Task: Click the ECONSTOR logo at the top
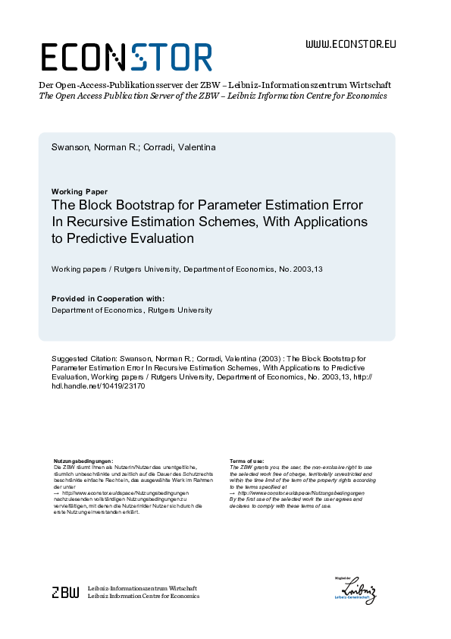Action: coord(126,56)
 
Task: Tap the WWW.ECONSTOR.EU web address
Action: coord(350,44)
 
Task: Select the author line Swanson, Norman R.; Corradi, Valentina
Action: coord(133,147)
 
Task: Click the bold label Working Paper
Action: coord(80,191)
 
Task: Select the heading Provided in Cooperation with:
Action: coord(108,299)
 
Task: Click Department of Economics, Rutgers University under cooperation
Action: coord(132,310)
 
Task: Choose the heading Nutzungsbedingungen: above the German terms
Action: coord(83,461)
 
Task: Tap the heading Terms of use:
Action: coord(246,461)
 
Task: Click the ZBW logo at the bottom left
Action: coord(64,593)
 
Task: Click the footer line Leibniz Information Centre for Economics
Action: coord(144,597)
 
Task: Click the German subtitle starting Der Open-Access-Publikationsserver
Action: coord(215,85)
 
